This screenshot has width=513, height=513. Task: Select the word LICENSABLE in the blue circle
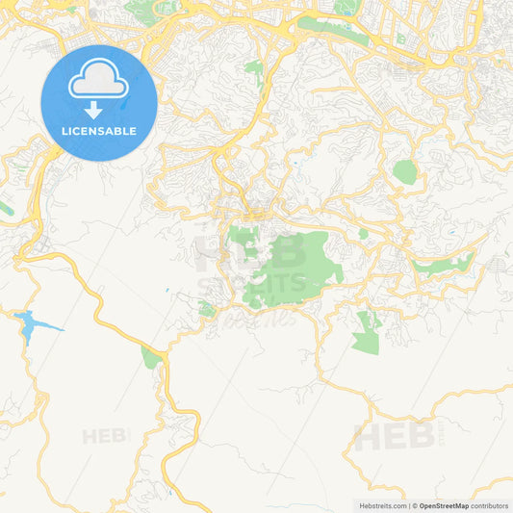point(98,131)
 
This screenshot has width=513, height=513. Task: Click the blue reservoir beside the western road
point(26,327)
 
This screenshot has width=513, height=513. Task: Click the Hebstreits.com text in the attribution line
point(380,505)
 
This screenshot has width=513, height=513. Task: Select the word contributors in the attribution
point(490,505)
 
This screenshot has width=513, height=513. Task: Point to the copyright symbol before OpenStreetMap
point(415,505)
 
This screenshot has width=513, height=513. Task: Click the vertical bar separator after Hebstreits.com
point(408,505)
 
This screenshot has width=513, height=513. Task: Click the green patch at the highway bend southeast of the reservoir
point(150,357)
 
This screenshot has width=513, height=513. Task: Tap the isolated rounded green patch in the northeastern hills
point(405,172)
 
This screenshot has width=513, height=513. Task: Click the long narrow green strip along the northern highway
point(332,30)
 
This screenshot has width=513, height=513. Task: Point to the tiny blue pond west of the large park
point(167,290)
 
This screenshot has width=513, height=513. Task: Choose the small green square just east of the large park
point(363,233)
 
